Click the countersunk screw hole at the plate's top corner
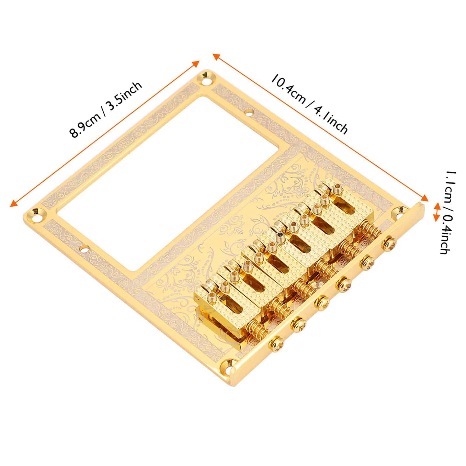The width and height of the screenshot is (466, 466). [x=208, y=75]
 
